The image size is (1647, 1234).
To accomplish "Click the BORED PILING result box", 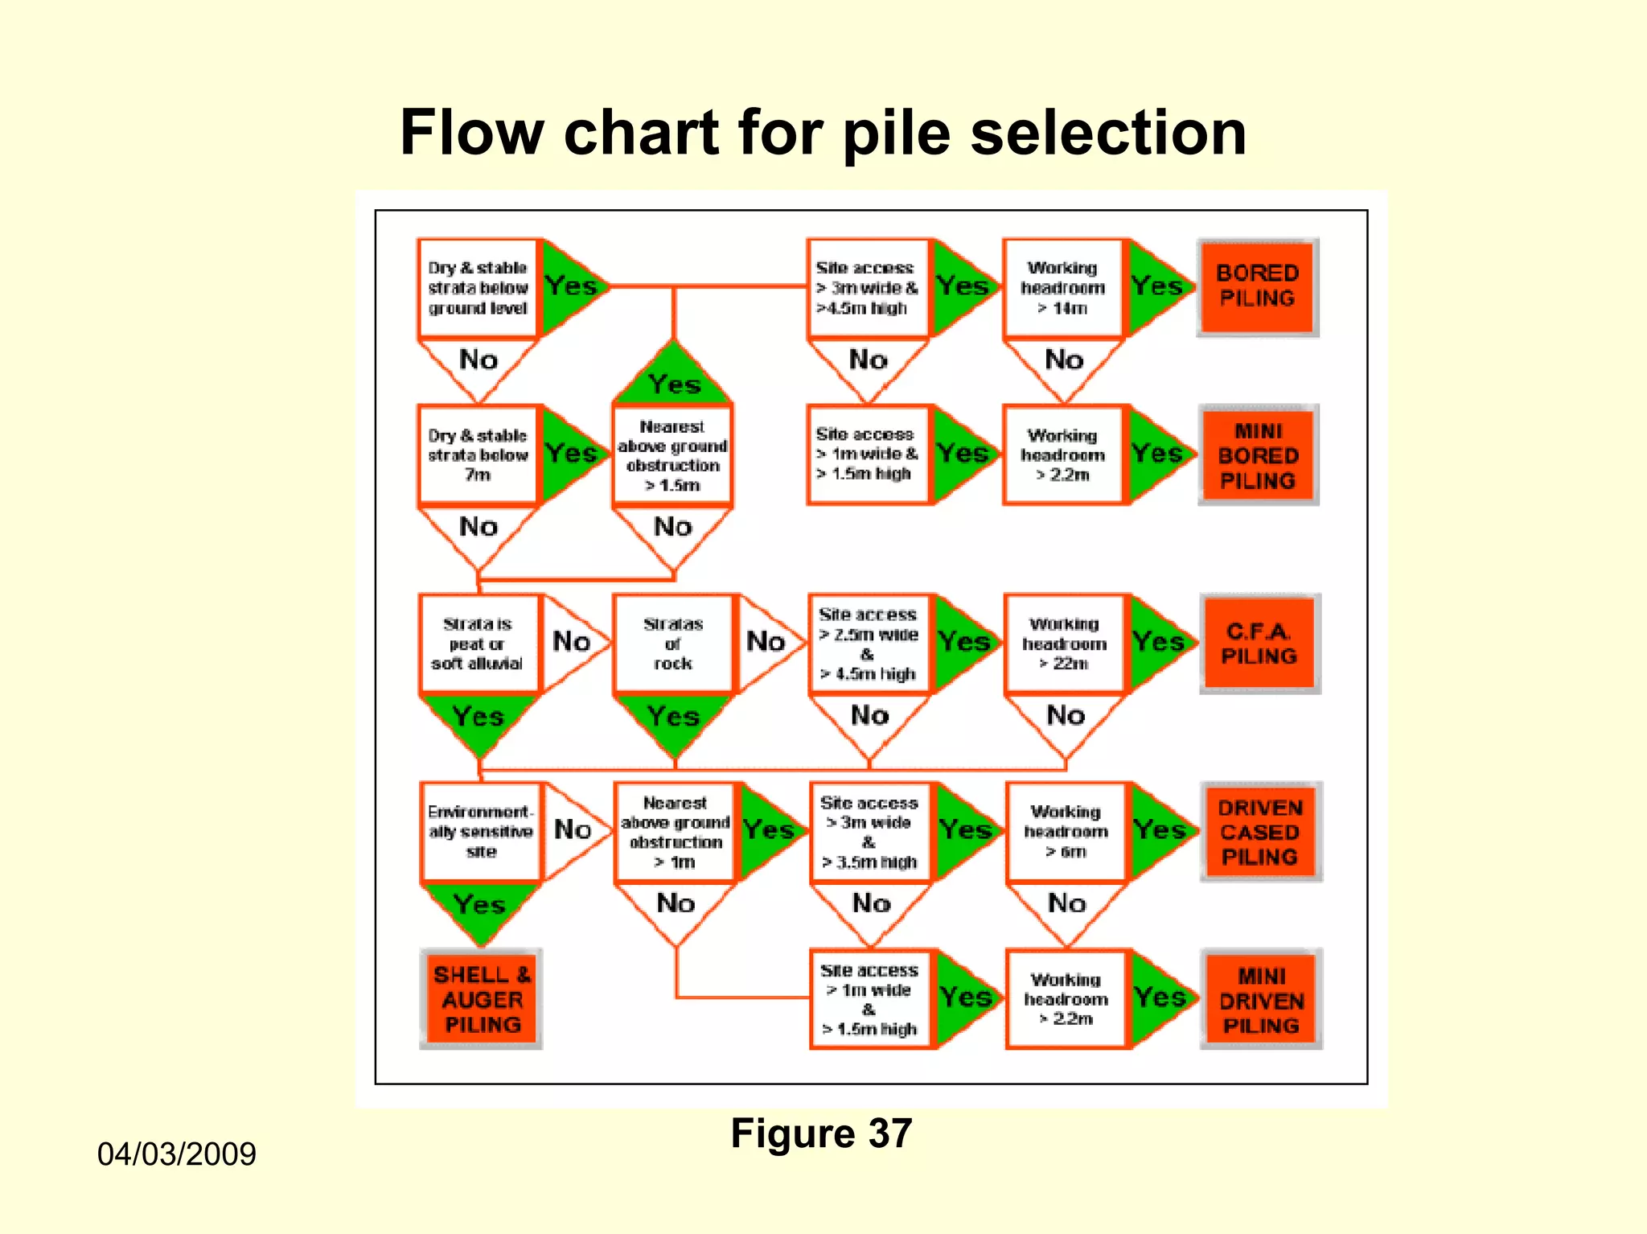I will [1257, 286].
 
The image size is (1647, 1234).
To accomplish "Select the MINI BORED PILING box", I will [1258, 455].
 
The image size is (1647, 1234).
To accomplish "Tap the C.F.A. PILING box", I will [1259, 644].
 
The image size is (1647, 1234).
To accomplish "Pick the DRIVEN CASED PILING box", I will [1260, 832].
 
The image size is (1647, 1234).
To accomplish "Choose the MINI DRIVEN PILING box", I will [1261, 1000].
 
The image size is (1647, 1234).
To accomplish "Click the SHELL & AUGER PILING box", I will [482, 999].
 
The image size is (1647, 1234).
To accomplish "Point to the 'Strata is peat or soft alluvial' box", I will [478, 644].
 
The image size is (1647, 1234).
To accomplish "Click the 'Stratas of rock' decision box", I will [673, 644].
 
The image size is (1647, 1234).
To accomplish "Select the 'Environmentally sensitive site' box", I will [480, 832].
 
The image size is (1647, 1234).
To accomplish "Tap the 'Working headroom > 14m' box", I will [1062, 287].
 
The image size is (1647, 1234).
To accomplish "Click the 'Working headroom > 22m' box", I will [1064, 644].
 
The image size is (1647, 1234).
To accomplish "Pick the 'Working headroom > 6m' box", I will [1066, 832].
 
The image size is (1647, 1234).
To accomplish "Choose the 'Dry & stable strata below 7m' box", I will [478, 455].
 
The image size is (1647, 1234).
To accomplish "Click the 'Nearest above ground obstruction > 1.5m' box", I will [672, 455].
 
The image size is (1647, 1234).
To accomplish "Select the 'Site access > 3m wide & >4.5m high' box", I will [867, 287].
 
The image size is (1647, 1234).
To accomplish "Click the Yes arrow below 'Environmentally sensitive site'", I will [480, 909].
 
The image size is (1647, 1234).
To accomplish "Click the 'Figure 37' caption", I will [821, 1133].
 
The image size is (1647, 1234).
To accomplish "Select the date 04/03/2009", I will [176, 1154].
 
